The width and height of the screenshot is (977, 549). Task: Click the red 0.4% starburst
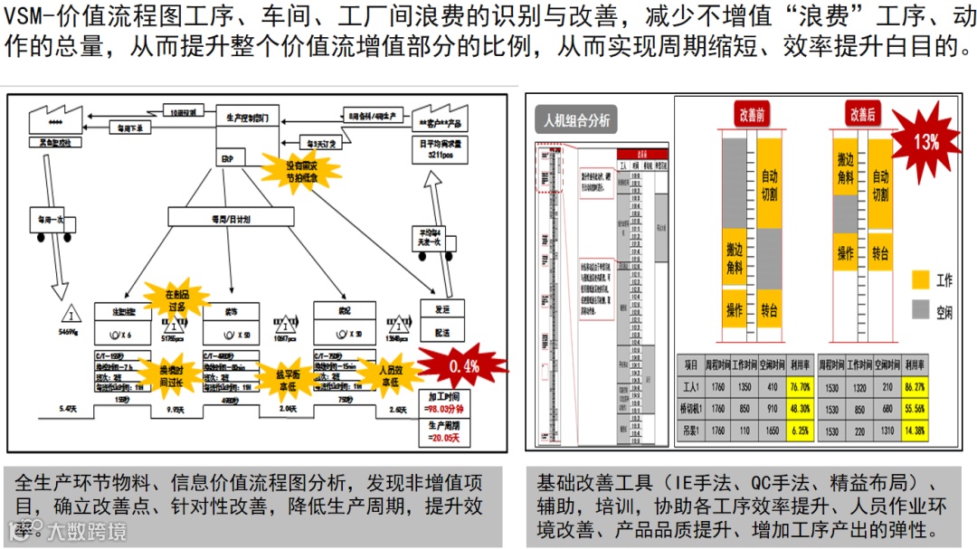(x=460, y=365)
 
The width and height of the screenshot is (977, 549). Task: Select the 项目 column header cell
(x=690, y=364)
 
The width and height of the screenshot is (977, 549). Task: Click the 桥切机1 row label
(x=690, y=409)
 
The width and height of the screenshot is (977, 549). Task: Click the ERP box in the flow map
(x=228, y=156)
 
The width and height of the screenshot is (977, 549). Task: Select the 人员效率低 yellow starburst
(x=390, y=374)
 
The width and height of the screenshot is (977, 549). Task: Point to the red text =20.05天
(x=444, y=439)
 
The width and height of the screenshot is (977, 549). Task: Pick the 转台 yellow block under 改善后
(x=880, y=253)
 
